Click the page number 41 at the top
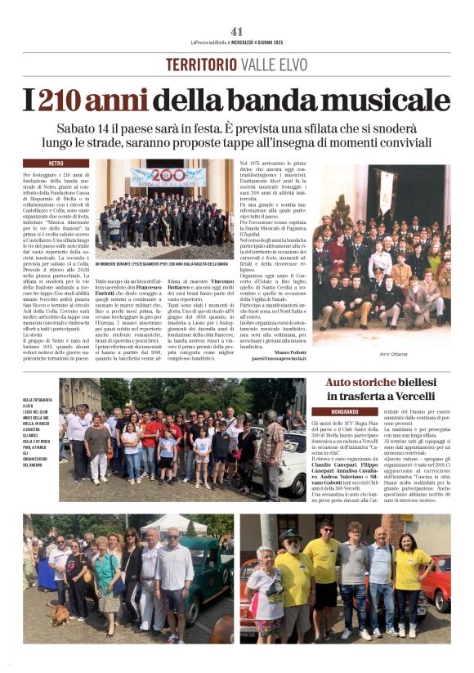pos(236,31)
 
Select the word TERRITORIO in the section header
pos(201,65)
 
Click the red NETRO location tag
pos(56,164)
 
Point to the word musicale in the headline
pos(384,100)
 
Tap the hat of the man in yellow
pos(290,536)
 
